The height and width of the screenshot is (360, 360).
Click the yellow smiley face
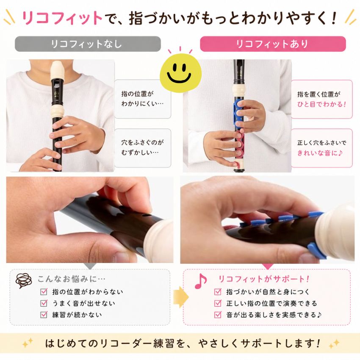(x=180, y=73)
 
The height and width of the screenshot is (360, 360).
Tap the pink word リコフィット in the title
(x=62, y=18)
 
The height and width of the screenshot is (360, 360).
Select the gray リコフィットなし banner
(x=88, y=44)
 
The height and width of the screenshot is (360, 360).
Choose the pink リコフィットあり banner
(x=273, y=44)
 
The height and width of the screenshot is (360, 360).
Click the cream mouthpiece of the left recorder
(x=58, y=70)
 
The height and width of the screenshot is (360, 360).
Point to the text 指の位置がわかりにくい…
(x=142, y=99)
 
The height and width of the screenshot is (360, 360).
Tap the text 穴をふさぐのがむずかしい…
(x=142, y=147)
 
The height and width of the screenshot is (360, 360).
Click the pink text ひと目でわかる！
(x=321, y=105)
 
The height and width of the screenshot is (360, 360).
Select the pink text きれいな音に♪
(x=320, y=153)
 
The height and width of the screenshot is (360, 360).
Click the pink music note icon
(x=201, y=281)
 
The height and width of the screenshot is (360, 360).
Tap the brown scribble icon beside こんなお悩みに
(x=24, y=280)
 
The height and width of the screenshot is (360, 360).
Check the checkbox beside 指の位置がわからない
(x=44, y=292)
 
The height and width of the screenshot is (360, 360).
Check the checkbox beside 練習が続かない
(x=44, y=315)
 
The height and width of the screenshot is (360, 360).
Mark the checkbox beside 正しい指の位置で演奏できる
(x=218, y=303)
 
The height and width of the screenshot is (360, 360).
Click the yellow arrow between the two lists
(x=180, y=297)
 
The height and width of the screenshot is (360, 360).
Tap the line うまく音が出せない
(x=83, y=303)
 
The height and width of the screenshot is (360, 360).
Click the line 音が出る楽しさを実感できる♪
(x=274, y=315)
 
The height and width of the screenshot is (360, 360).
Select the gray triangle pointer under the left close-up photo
(x=90, y=266)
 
